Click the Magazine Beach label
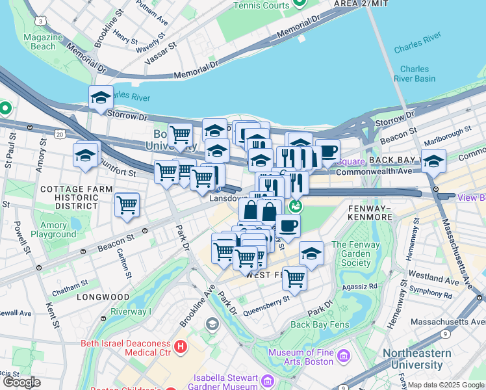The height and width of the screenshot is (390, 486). [x=44, y=42]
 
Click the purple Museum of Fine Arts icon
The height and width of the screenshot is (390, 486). [x=344, y=357]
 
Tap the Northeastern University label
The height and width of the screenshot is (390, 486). [x=426, y=359]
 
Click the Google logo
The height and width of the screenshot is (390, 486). [x=21, y=382]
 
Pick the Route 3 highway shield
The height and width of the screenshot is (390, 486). [x=42, y=21]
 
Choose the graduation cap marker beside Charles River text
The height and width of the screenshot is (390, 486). [x=101, y=98]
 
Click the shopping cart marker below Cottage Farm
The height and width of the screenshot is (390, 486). [x=127, y=205]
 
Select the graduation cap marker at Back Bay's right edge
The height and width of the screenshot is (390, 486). [x=433, y=161]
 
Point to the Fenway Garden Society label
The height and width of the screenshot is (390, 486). [x=351, y=253]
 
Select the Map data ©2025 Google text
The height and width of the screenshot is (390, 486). [x=446, y=385]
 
